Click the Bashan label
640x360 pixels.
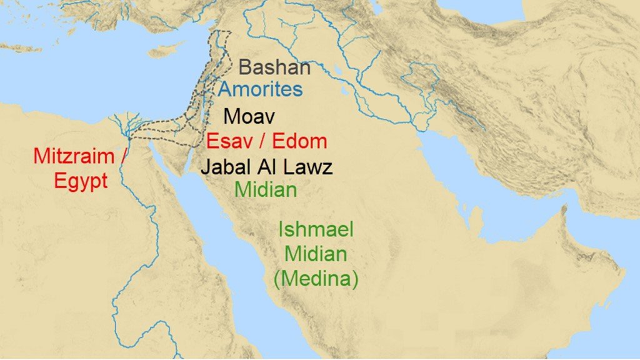pyautogui.click(x=275, y=67)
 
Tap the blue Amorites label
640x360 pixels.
pyautogui.click(x=261, y=89)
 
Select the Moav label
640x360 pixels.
pyautogui.click(x=249, y=116)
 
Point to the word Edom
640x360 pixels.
pyautogui.click(x=299, y=141)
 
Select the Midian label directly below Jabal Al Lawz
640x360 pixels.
pyautogui.click(x=266, y=189)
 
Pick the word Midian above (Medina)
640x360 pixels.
pyautogui.click(x=316, y=254)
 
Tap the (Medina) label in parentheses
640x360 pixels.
pyautogui.click(x=316, y=278)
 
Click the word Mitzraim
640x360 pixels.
pyautogui.click(x=74, y=156)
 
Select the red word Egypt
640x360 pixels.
pyautogui.click(x=81, y=181)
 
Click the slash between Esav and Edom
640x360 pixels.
pyautogui.click(x=263, y=141)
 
